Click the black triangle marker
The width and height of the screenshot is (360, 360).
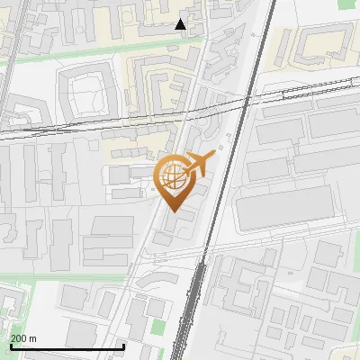coord(181,24)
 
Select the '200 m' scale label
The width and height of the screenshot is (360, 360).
coord(24,338)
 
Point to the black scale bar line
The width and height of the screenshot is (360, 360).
coord(67,346)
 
